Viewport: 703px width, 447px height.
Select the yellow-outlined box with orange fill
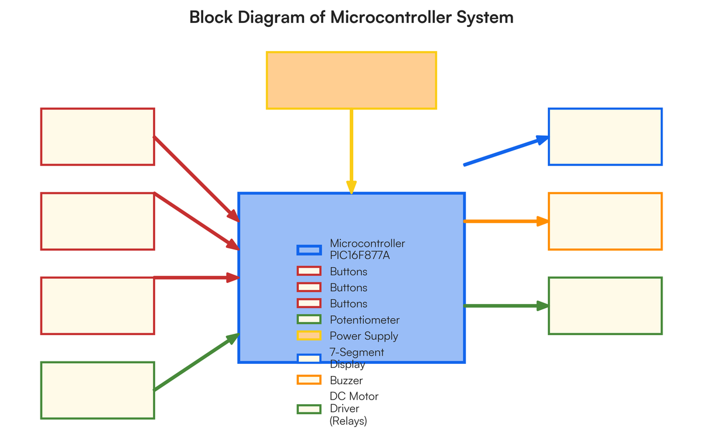[351, 80]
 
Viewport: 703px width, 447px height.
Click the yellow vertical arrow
[351, 149]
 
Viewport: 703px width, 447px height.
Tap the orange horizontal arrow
[505, 221]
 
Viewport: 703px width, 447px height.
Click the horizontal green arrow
[505, 306]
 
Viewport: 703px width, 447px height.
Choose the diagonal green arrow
[196, 363]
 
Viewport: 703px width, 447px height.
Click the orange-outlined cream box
[605, 221]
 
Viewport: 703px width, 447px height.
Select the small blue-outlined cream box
[605, 137]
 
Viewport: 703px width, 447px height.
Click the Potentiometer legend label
[364, 320]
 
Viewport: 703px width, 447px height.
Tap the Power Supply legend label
[364, 336]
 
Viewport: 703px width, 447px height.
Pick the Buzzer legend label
[346, 380]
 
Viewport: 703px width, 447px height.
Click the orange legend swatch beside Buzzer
[309, 380]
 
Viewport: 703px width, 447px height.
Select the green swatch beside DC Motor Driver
[309, 409]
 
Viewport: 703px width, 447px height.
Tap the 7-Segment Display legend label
[357, 358]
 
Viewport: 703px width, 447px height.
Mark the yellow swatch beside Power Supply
[309, 336]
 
